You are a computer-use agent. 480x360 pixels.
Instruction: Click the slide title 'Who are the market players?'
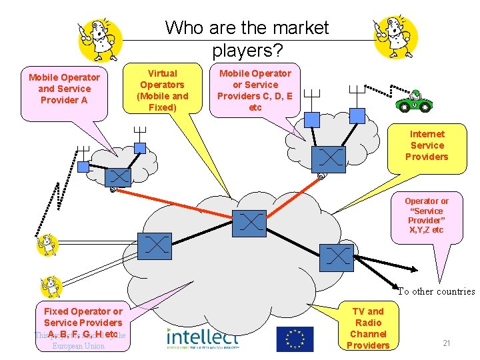(x=247, y=38)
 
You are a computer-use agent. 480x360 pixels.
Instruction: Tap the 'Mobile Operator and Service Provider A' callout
(x=64, y=89)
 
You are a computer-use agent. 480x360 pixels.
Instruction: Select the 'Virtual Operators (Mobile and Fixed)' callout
(x=162, y=90)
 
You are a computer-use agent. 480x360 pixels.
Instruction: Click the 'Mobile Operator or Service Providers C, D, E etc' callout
(x=255, y=90)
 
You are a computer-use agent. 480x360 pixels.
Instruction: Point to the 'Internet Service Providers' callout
(x=427, y=145)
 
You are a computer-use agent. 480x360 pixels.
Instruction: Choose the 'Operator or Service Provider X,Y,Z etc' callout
(x=427, y=215)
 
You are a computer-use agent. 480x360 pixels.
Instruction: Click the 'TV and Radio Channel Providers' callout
(x=367, y=327)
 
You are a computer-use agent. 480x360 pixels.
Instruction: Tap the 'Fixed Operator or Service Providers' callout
(x=83, y=321)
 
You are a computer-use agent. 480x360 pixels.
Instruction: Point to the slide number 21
(x=447, y=343)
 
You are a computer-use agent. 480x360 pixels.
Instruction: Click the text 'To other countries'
(x=436, y=291)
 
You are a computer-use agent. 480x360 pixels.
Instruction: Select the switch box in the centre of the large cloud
(x=249, y=223)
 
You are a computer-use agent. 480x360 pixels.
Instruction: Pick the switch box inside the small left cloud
(x=119, y=177)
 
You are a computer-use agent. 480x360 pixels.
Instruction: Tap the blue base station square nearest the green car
(x=357, y=116)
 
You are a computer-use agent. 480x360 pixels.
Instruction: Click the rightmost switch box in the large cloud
(x=335, y=255)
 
